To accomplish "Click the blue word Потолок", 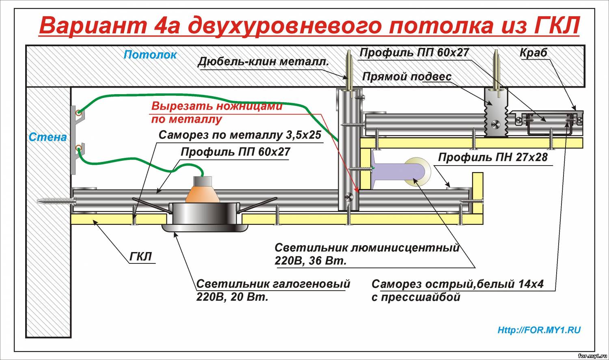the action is (150, 55).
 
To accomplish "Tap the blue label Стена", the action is (48, 137).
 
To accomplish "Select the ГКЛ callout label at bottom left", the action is (140, 257).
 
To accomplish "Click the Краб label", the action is (533, 53).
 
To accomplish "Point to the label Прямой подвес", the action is (407, 77).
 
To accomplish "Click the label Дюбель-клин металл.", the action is (263, 62).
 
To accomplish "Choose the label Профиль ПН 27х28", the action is (492, 157).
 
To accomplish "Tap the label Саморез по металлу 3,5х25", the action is (240, 135).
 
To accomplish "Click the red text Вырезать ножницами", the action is (217, 106).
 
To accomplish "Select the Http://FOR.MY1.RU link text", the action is (539, 330).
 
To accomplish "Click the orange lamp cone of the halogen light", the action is (203, 194).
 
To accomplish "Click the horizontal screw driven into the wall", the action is (56, 201).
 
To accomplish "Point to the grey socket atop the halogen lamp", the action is (203, 181).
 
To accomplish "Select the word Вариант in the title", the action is (93, 26).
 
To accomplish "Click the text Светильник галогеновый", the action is (273, 284).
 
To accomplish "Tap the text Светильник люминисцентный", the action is (367, 248).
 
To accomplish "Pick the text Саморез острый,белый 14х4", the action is (458, 284).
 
